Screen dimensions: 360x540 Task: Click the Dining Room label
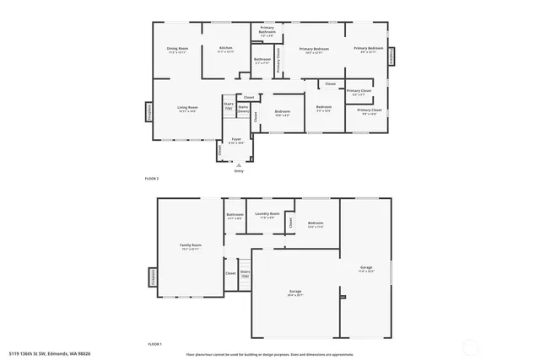point(177,50)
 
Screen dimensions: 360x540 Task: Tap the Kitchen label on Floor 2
point(225,49)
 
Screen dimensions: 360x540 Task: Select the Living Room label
point(186,108)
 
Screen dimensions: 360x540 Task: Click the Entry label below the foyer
point(239,172)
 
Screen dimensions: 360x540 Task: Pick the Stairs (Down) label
point(243,109)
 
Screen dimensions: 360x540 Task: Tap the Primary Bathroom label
point(266,34)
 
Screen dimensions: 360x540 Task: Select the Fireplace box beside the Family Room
point(153,279)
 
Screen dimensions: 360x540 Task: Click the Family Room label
point(190,246)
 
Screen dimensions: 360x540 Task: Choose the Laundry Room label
point(267,215)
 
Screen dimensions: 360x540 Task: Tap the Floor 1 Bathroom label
point(235,216)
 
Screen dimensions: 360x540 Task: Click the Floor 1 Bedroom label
point(316,224)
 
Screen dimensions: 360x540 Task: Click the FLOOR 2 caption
point(153,179)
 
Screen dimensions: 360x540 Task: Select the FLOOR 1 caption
point(154,345)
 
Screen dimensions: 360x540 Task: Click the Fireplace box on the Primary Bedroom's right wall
point(391,56)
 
